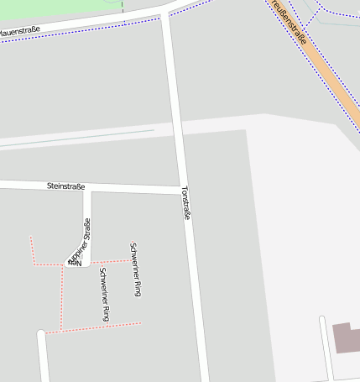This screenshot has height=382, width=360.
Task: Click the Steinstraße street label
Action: point(66,186)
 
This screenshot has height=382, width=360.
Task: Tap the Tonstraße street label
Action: point(185,203)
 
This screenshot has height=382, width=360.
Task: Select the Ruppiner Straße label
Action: point(80,241)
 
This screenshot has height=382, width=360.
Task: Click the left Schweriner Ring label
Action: point(104,294)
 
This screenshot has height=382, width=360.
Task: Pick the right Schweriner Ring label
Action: point(135,269)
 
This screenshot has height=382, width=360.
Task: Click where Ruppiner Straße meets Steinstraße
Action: point(87,187)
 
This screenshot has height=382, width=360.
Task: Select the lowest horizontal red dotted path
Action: point(92,327)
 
